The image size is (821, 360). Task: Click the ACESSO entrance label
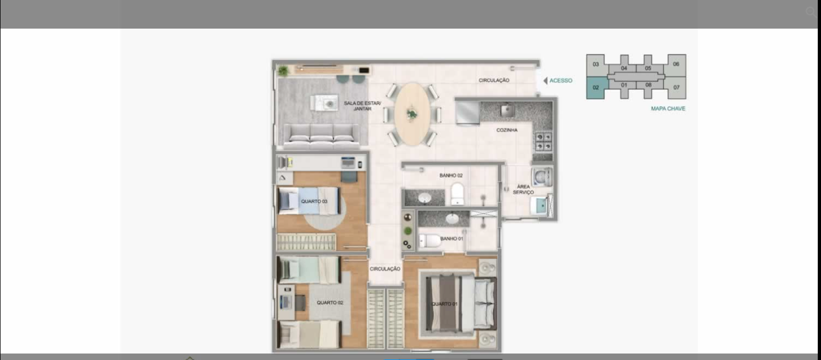click(x=561, y=80)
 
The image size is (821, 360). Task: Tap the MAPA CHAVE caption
click(x=668, y=108)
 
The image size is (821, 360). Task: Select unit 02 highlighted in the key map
click(x=596, y=87)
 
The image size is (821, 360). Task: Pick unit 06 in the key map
click(x=676, y=64)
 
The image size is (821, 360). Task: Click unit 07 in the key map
click(x=676, y=87)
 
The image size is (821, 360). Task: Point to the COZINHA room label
click(x=507, y=130)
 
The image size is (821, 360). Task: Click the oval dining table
click(x=412, y=114)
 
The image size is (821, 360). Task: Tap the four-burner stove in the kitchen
click(x=544, y=141)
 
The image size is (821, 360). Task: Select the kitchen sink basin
click(x=508, y=110)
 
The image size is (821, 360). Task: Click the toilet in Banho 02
click(x=457, y=194)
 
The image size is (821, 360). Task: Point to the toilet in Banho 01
click(x=430, y=241)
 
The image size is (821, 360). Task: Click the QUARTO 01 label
click(x=444, y=304)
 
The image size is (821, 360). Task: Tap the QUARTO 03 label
click(x=314, y=201)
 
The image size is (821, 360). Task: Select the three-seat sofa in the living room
click(x=322, y=136)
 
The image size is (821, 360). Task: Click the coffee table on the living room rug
click(x=324, y=103)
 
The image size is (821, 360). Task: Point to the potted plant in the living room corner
click(x=283, y=71)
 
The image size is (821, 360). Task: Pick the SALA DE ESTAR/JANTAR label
click(x=362, y=106)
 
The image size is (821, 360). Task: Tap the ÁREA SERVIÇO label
click(x=523, y=189)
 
